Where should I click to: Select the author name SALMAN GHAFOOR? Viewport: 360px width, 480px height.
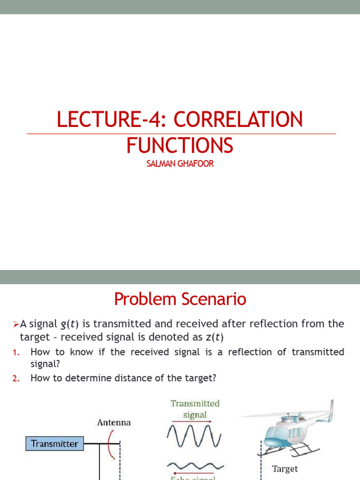pyautogui.click(x=180, y=165)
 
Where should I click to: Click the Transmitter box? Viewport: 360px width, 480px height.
pyautogui.click(x=55, y=443)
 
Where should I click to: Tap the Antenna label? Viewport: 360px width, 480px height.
pyautogui.click(x=114, y=422)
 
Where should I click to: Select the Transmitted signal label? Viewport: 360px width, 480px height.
pyautogui.click(x=195, y=409)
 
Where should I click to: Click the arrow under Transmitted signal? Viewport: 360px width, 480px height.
pyautogui.click(x=192, y=421)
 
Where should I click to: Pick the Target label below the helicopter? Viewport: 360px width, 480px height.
pyautogui.click(x=285, y=468)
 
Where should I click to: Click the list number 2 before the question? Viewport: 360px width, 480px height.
pyautogui.click(x=16, y=379)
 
